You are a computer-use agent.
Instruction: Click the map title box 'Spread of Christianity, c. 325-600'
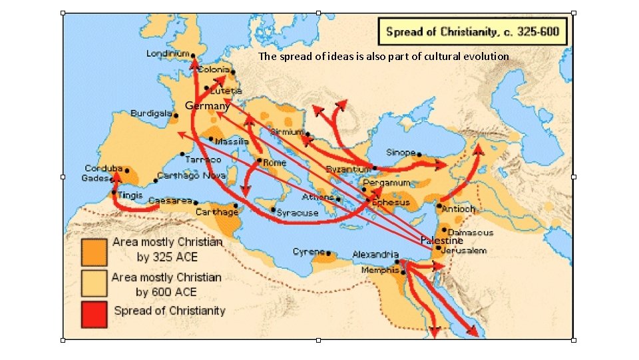(473, 31)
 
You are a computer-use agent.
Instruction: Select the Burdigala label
(152, 113)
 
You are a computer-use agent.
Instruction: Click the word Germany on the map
(208, 105)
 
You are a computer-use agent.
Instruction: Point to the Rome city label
(274, 162)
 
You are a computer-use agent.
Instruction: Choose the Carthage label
(216, 212)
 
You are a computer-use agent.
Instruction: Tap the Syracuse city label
(298, 213)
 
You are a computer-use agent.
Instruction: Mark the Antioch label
(459, 209)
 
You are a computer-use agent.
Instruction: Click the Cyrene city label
(308, 252)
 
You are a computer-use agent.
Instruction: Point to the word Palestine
(441, 239)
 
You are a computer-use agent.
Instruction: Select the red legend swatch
(94, 311)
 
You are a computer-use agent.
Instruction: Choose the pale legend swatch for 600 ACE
(94, 281)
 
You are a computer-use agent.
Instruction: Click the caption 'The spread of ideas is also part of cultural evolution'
(383, 57)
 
